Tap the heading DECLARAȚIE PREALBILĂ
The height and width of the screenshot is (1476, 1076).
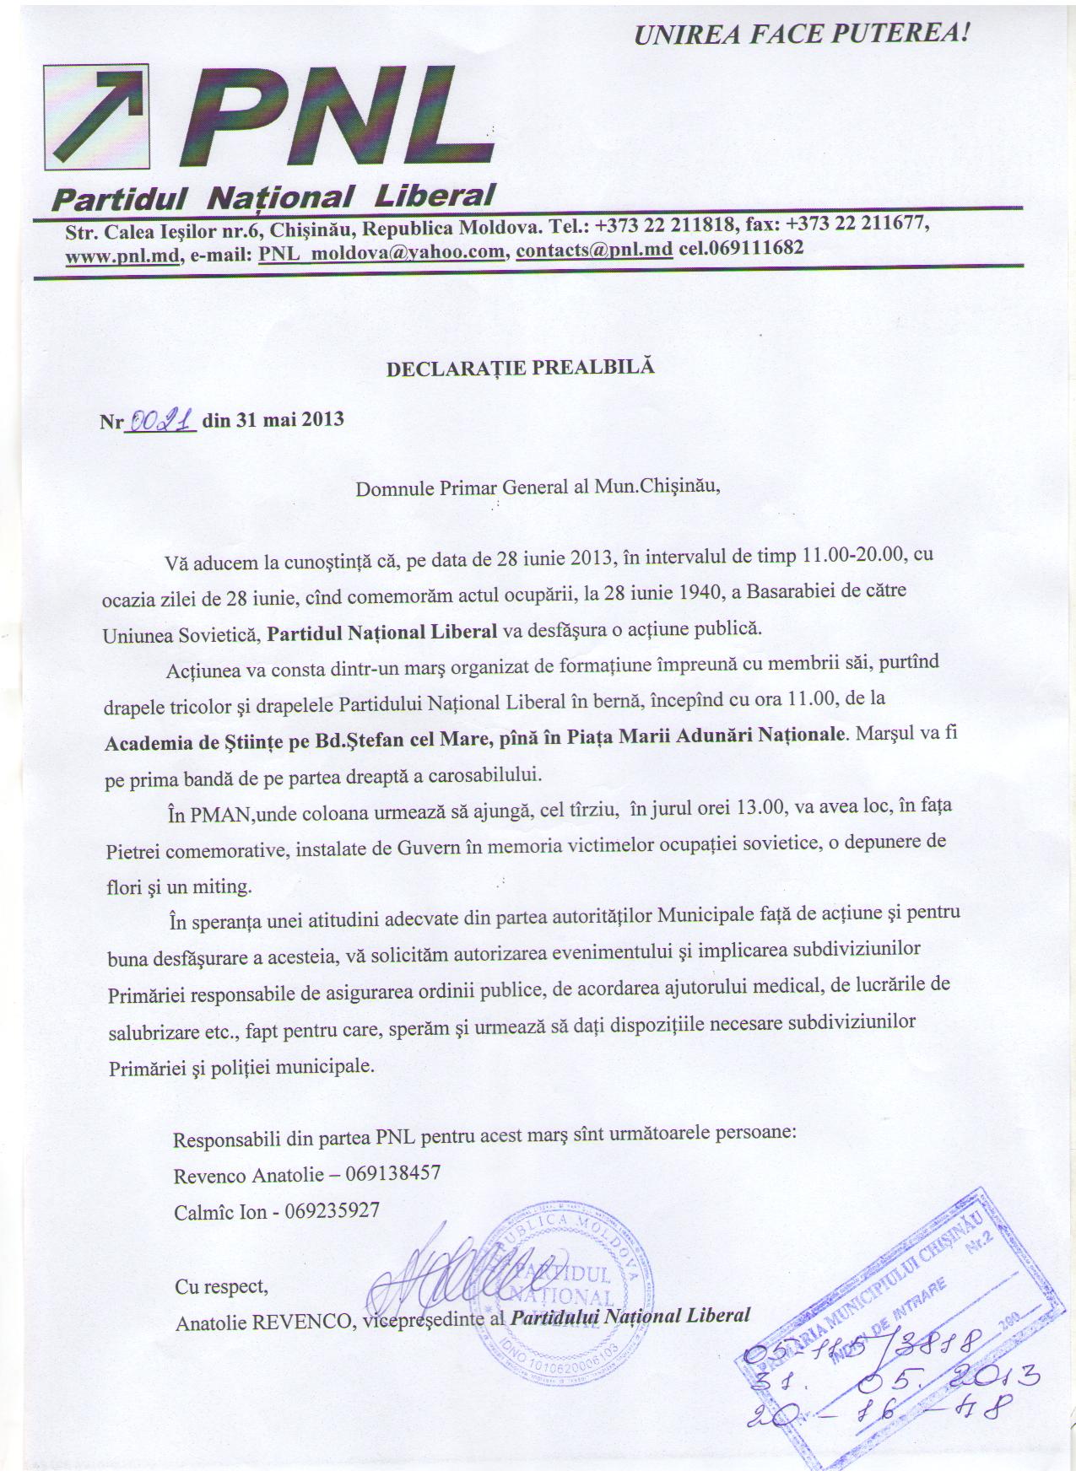(520, 368)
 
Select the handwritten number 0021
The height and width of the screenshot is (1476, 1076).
(160, 419)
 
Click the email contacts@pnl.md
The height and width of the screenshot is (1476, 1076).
(594, 250)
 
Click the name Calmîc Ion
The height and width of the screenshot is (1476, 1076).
(220, 1211)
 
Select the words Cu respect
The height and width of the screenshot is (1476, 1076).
(221, 1286)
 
